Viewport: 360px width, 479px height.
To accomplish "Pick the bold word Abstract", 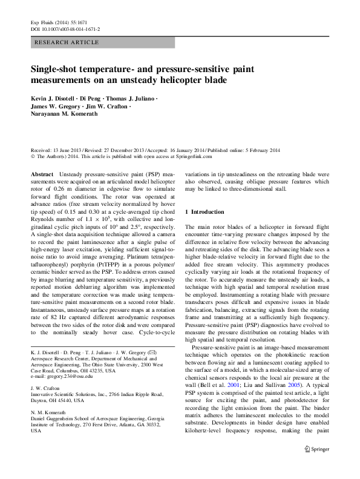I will pos(42,174).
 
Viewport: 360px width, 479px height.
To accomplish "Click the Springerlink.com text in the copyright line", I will pos(175,156).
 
